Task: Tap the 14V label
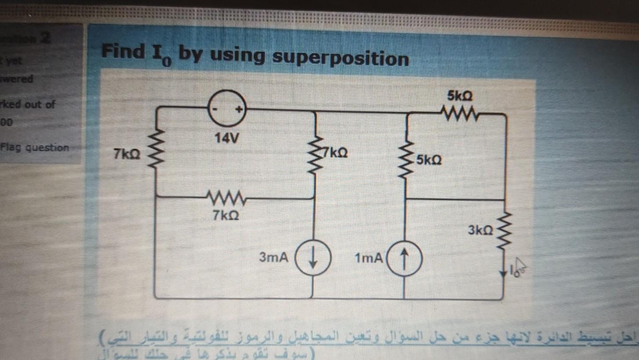pyautogui.click(x=227, y=140)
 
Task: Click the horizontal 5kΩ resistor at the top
pyautogui.click(x=459, y=115)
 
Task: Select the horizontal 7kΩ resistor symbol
pyautogui.click(x=226, y=198)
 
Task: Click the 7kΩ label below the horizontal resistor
pyautogui.click(x=226, y=216)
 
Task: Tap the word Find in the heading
pyautogui.click(x=122, y=52)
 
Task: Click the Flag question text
pyautogui.click(x=35, y=148)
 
